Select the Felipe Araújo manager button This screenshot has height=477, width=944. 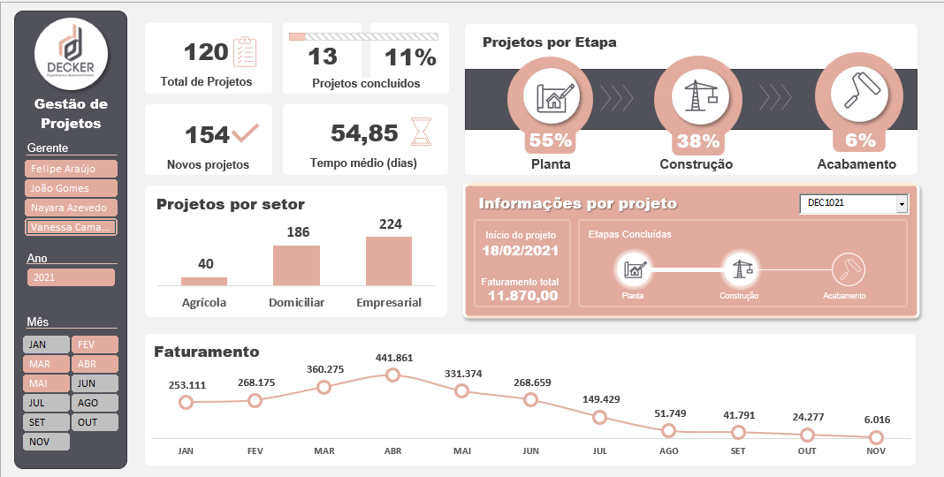click(x=72, y=168)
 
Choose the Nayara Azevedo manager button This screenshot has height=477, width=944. click(x=72, y=208)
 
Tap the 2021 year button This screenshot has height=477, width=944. click(x=72, y=277)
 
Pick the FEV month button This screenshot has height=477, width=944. click(x=95, y=344)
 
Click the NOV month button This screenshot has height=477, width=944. click(x=47, y=442)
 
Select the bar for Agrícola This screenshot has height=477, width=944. click(x=204, y=281)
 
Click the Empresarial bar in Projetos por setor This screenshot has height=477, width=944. click(x=389, y=261)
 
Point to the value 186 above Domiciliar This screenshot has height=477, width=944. click(x=296, y=232)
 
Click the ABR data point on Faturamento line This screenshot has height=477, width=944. click(x=392, y=375)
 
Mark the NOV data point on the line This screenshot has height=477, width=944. click(x=876, y=437)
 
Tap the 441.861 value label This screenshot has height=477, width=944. click(x=392, y=357)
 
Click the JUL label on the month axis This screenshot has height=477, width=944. click(x=600, y=450)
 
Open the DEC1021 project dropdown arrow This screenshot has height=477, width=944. click(x=902, y=204)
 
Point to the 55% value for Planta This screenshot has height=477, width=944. click(x=550, y=140)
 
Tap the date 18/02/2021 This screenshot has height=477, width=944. click(x=521, y=251)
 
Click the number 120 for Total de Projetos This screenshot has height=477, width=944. click(x=206, y=52)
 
